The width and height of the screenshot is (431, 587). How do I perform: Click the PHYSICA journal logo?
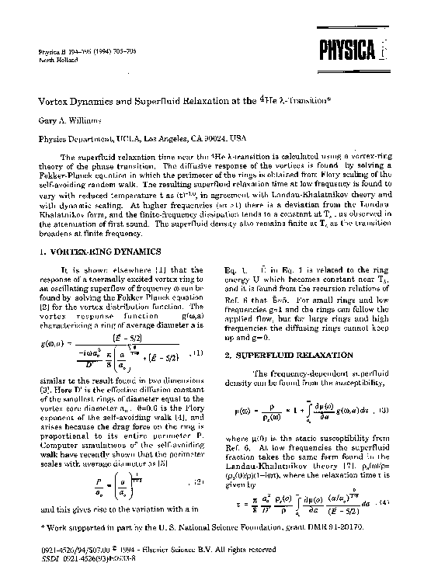pos(355,52)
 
